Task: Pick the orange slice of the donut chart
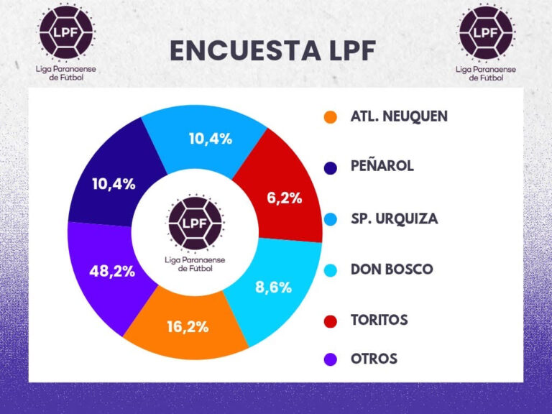point(188,325)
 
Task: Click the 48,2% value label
point(112,273)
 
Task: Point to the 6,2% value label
point(285,198)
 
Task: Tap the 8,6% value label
point(274,287)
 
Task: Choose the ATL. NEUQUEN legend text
point(399,116)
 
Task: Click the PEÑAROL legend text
point(382,166)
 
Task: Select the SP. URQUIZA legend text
point(394,218)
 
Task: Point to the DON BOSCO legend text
point(392,270)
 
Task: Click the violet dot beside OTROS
point(330,359)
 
